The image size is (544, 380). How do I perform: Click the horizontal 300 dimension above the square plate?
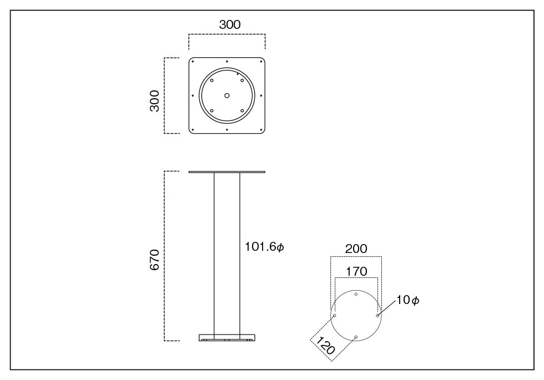coord(230,24)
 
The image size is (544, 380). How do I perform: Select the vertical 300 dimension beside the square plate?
coord(154,101)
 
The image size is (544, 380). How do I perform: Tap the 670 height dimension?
coord(154,260)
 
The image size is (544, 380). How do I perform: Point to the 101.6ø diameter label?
coord(264,247)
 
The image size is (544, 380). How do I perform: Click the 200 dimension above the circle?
coord(356,249)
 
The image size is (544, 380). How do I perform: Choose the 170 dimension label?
coord(356,271)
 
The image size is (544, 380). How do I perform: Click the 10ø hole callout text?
coord(407,300)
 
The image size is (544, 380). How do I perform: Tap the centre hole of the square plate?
coord(227,95)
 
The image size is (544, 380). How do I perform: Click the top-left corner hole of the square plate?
coord(193,62)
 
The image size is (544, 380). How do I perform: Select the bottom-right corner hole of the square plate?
coord(261,130)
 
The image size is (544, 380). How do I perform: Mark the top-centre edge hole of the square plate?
coord(227,62)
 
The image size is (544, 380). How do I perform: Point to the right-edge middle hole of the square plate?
coord(261,95)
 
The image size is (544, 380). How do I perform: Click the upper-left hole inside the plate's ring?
coord(211,80)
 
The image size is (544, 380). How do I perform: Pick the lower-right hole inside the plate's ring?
coord(242,111)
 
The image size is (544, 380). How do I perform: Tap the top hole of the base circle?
coord(356,294)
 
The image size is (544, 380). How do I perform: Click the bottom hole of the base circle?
coord(356,337)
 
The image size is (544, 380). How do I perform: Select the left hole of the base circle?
coord(335,316)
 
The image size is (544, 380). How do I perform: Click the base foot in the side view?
coord(227,337)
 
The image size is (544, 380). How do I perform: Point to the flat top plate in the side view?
coord(227,172)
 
